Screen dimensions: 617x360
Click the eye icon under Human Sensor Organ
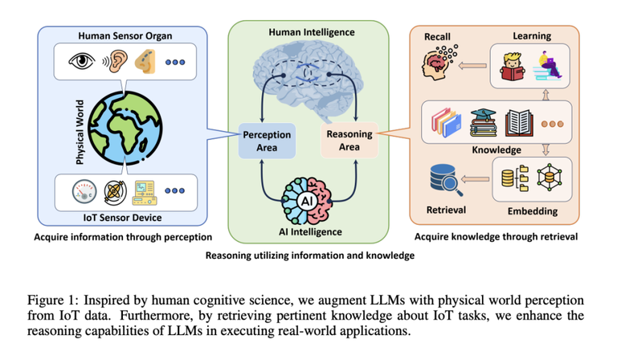pos(81,61)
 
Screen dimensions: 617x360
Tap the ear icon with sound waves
pos(115,61)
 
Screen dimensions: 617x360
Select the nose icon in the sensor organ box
pos(145,61)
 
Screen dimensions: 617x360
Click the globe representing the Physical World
pos(125,128)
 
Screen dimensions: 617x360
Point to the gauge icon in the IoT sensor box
pos(84,191)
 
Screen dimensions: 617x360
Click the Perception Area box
pos(267,141)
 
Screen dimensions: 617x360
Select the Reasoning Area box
pos(349,140)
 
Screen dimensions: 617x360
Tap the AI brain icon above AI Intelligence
pos(307,201)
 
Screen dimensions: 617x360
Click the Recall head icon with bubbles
pos(439,62)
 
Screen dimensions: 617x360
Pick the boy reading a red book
pos(512,67)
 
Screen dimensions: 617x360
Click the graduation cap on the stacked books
pos(483,114)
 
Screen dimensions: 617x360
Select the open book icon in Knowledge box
pos(519,123)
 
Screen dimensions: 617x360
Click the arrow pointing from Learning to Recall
pos(472,66)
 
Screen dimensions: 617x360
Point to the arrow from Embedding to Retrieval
pos(475,179)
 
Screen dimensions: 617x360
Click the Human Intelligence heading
pos(312,32)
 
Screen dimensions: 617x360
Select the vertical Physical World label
pos(80,132)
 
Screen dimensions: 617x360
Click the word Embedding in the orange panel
pos(533,211)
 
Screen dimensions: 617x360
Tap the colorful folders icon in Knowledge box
pos(446,122)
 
